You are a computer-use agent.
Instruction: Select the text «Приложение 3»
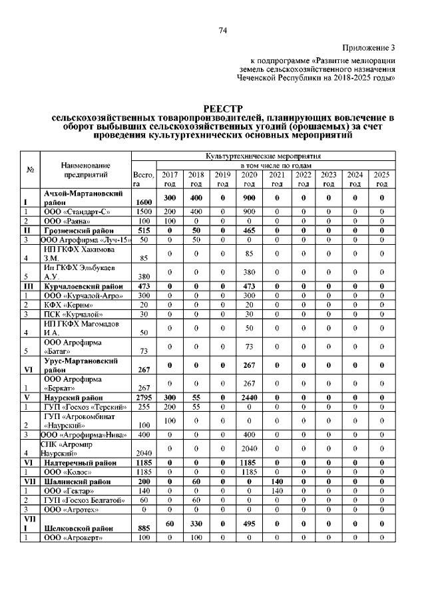point(368,47)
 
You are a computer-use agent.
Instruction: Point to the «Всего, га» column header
point(143,178)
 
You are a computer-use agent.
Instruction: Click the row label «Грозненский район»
point(80,229)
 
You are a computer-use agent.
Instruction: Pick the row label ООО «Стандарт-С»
point(77,212)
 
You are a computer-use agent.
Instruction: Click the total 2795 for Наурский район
point(144,397)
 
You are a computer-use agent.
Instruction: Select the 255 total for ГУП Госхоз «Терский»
point(144,406)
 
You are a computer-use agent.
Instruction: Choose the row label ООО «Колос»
point(70,471)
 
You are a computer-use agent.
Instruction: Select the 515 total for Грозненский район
point(144,229)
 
